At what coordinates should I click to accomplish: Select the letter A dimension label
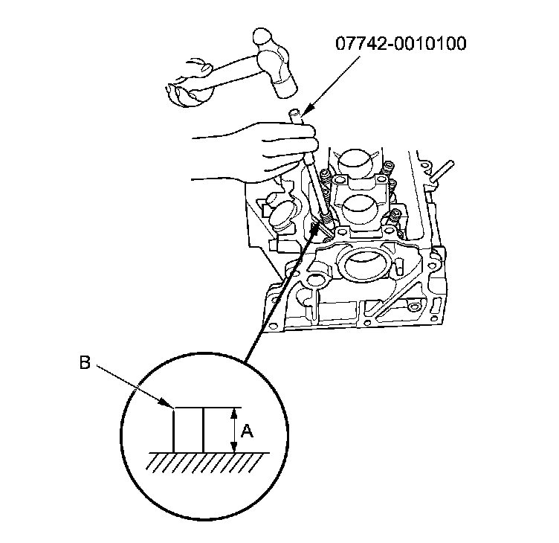(x=248, y=429)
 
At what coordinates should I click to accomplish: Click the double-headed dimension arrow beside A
(x=234, y=429)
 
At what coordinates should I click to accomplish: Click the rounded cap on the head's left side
(x=283, y=216)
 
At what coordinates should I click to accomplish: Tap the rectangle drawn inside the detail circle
(x=188, y=429)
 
